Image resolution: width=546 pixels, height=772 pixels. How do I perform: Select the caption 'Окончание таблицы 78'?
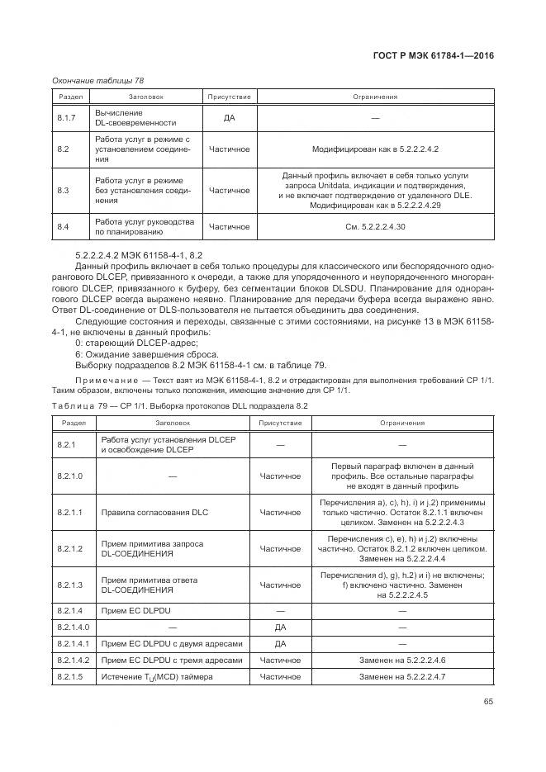[x=97, y=80]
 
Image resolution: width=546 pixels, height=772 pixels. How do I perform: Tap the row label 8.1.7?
[x=66, y=118]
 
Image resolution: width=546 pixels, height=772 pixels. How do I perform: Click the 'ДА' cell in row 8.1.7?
[x=229, y=118]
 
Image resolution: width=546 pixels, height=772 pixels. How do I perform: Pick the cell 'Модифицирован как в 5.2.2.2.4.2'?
[x=374, y=149]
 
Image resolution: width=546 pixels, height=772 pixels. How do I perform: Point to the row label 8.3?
[x=63, y=190]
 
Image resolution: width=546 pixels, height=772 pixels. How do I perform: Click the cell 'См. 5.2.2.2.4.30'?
[x=374, y=225]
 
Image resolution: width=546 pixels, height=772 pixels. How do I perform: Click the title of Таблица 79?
[x=179, y=406]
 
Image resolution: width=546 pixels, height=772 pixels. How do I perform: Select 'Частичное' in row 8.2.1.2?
[x=280, y=548]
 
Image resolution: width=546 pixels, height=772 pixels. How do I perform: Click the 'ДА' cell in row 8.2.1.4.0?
[x=280, y=628]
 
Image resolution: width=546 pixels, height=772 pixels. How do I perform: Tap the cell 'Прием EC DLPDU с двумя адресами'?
[x=172, y=644]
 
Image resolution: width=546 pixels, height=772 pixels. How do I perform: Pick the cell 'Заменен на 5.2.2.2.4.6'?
[x=402, y=661]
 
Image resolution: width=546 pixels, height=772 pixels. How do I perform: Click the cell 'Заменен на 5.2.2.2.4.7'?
[x=402, y=677]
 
